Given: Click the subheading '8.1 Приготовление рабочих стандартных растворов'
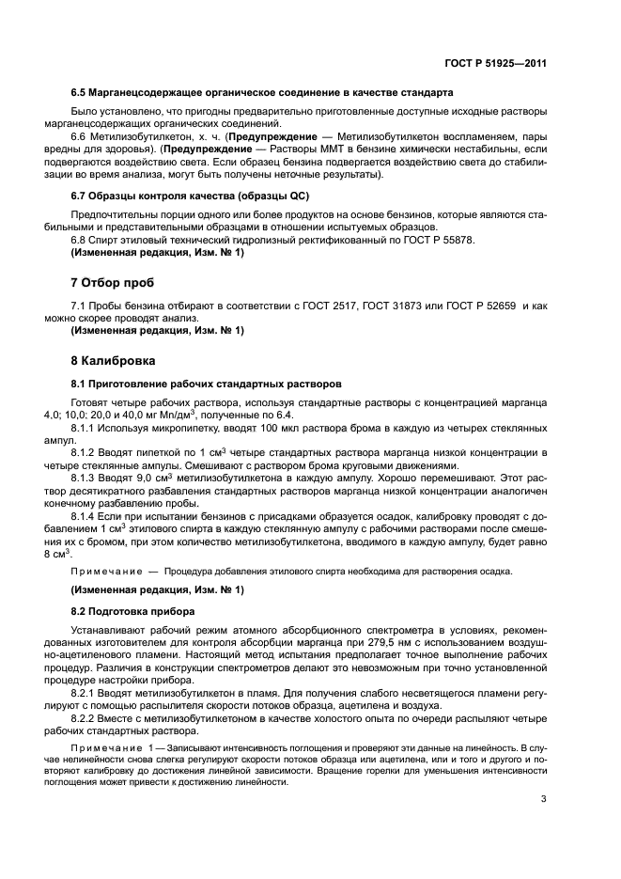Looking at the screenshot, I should point(208,384).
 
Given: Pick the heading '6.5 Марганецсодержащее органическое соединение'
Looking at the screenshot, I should point(262,93).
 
